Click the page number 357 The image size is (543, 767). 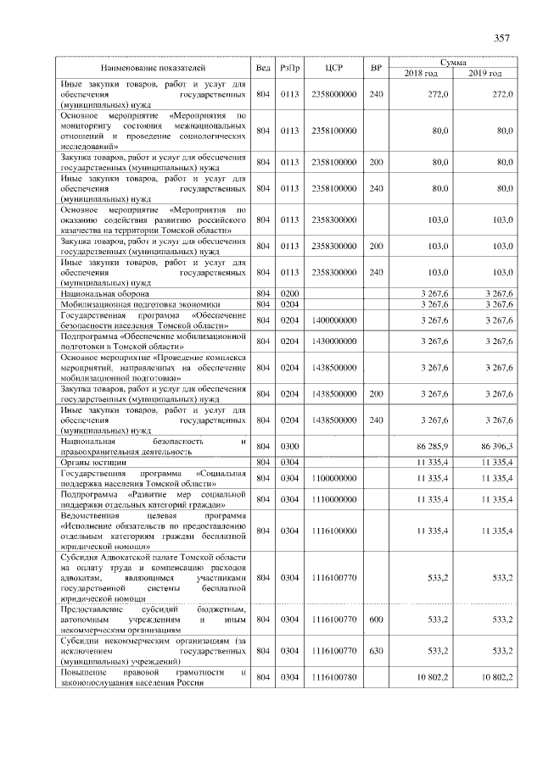501,37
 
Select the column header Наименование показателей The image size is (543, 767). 154,67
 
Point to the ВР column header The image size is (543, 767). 377,67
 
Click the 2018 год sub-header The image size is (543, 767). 422,73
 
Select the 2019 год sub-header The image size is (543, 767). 486,73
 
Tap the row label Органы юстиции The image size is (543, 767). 93,462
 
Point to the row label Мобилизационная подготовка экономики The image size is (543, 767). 140,304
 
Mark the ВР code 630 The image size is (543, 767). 377,651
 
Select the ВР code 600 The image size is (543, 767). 377,620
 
